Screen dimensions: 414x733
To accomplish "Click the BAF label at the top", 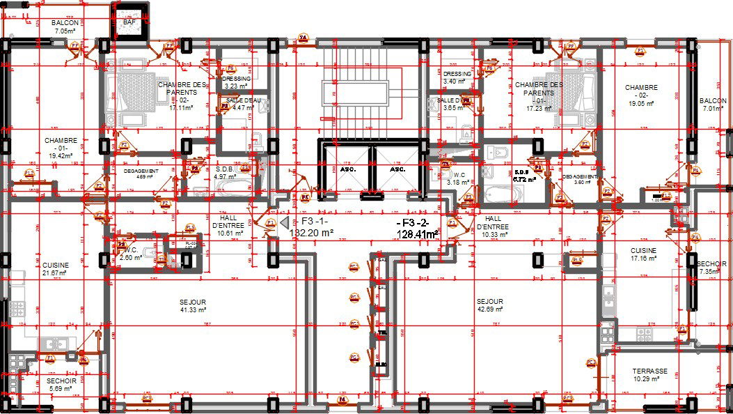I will coord(129,22).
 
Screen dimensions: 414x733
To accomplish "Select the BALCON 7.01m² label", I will coord(713,105).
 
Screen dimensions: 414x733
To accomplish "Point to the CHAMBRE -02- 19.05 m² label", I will coord(640,95).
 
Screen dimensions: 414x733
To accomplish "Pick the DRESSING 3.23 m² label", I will coord(237,83).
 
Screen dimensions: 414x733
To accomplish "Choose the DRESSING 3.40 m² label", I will coord(457,77).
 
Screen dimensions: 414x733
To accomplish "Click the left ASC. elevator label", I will coord(348,169).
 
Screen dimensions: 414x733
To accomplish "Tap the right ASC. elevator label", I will coord(397,169).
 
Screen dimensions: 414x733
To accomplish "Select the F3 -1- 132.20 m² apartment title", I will coord(311,227).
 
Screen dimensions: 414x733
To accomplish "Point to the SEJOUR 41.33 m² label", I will coord(193,305).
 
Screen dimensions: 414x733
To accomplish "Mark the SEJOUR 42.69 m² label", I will coord(489,305).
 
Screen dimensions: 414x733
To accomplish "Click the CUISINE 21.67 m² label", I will coord(55,269).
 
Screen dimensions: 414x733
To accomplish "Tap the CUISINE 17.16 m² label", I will coord(643,254).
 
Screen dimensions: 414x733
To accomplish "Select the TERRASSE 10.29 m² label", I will coord(649,375).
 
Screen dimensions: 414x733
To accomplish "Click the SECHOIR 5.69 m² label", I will coord(61,385).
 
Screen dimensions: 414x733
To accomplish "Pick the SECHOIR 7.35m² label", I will coord(711,268).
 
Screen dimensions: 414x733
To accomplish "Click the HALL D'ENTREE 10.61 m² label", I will coord(229,226).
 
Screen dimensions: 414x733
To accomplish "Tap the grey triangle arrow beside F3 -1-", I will coord(285,222).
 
